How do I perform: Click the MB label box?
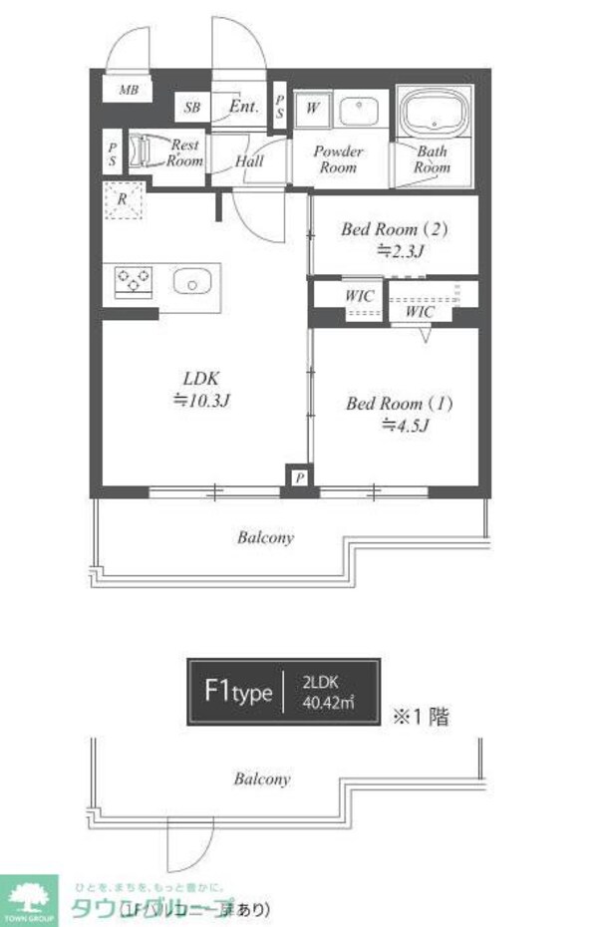[129, 91]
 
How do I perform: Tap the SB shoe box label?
[191, 108]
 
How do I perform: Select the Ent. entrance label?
[243, 107]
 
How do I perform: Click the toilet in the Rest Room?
[143, 151]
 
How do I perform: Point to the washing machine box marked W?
[313, 108]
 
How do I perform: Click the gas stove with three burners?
[132, 281]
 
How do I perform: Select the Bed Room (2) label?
[395, 240]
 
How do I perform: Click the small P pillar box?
[299, 478]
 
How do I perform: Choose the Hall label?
[249, 160]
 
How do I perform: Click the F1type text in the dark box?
[237, 692]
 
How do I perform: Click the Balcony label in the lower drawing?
[262, 778]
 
